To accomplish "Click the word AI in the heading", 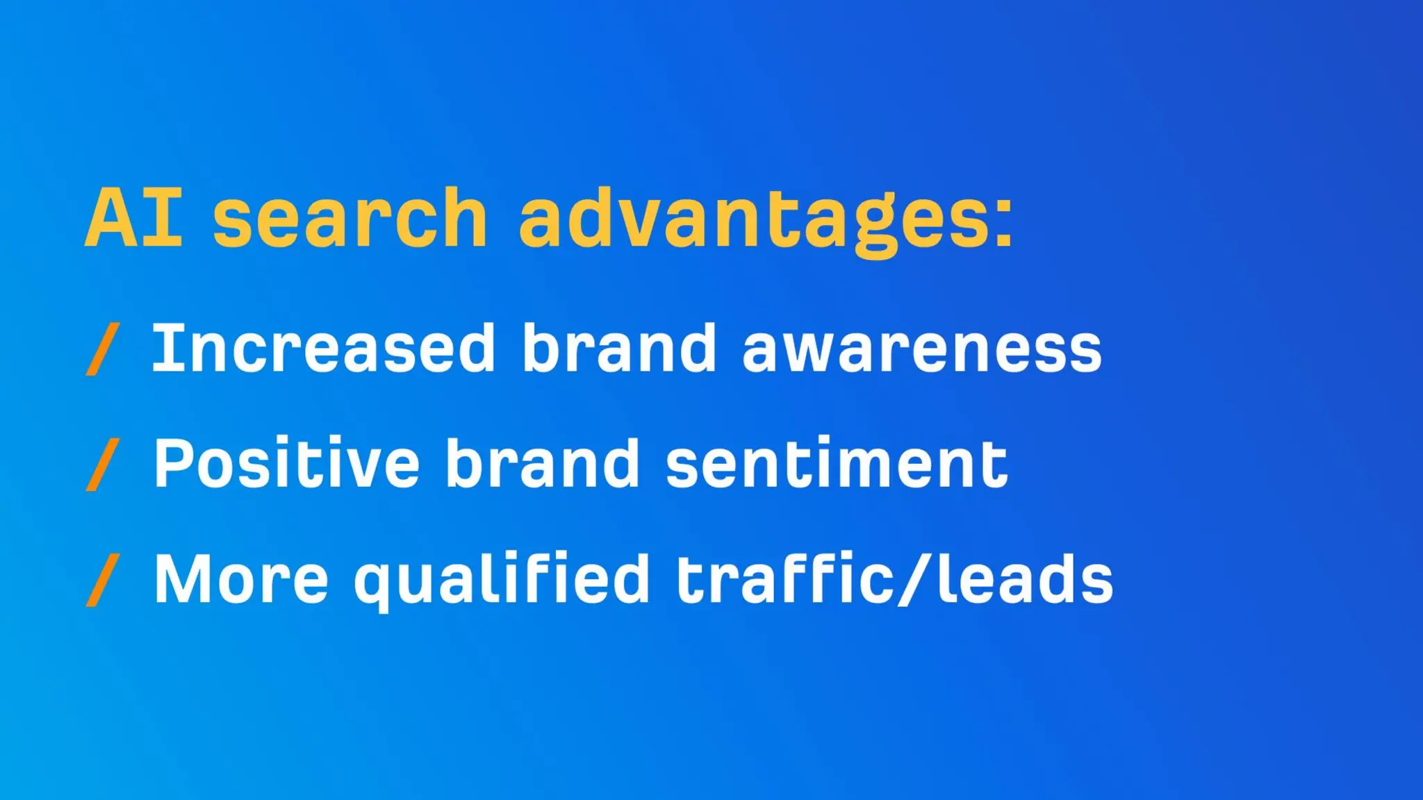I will click(x=134, y=218).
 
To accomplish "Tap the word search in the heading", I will click(x=350, y=218).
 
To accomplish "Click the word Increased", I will click(x=323, y=349).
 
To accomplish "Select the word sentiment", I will click(x=837, y=464).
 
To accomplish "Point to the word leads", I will click(x=1025, y=578).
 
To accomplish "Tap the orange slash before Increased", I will click(x=102, y=349).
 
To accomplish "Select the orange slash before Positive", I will click(x=102, y=465).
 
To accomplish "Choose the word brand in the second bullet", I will click(x=542, y=463).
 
